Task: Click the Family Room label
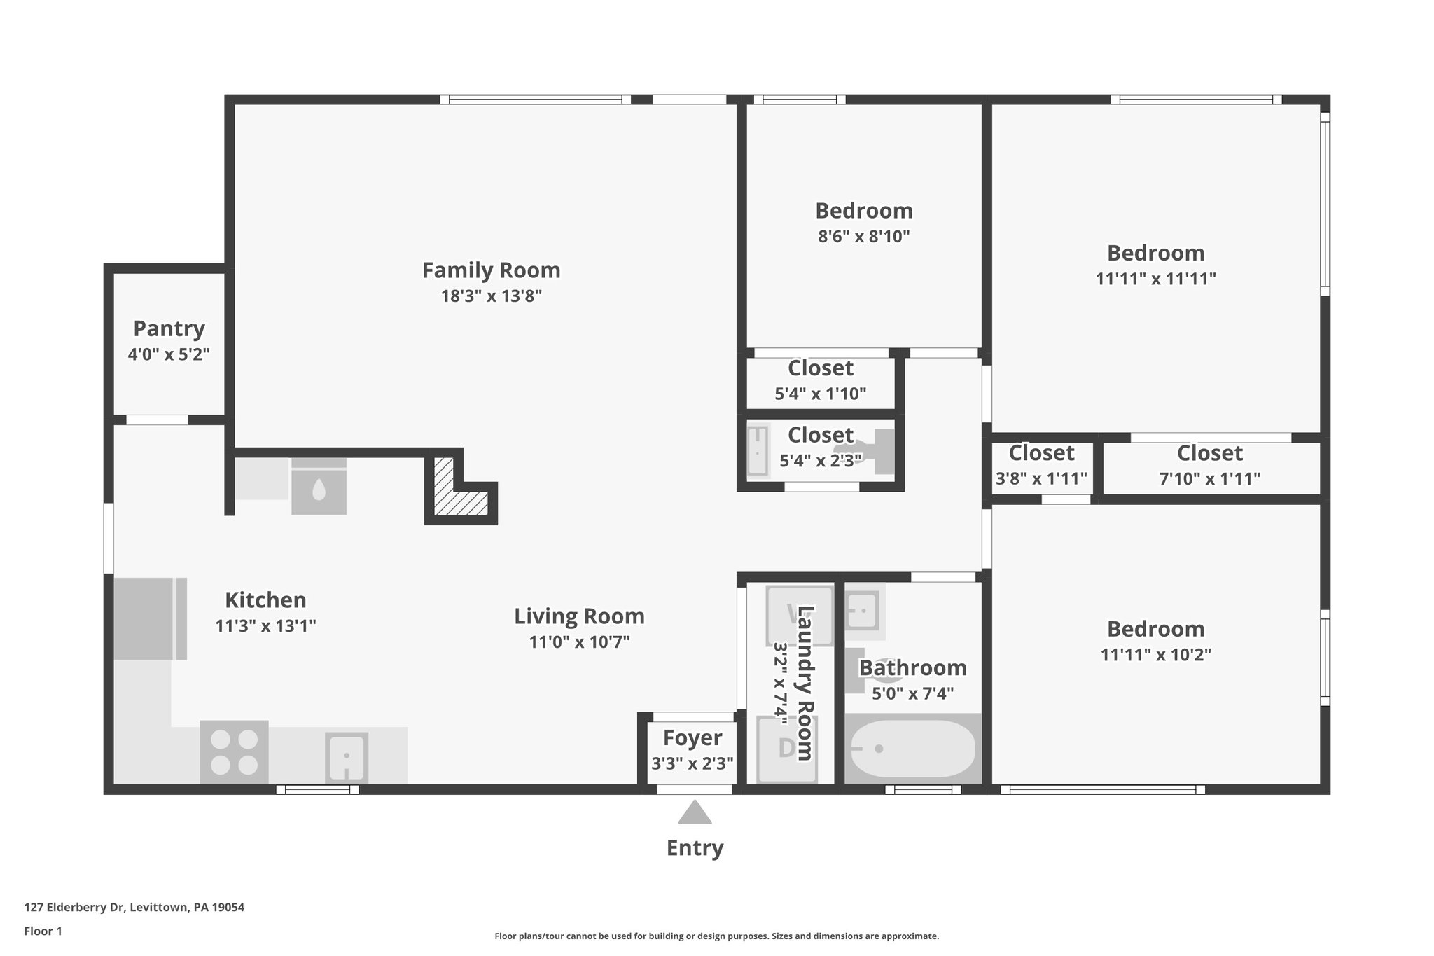pos(491,270)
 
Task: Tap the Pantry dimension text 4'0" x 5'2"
pos(169,354)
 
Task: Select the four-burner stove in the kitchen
pos(234,752)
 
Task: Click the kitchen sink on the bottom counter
pos(346,757)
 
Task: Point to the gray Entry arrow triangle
pos(695,813)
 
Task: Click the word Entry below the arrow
pos(695,848)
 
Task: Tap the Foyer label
pos(692,737)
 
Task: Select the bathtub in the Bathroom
pos(912,749)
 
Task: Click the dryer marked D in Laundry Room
pos(786,749)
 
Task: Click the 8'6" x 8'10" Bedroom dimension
pos(863,237)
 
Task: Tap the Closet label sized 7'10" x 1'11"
pos(1209,453)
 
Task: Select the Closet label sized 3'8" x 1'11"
pos(1041,453)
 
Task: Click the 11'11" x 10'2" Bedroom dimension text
pos(1155,655)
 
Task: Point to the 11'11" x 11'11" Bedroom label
pos(1155,253)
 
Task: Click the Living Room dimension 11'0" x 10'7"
pos(579,642)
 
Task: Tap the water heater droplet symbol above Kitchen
pos(319,489)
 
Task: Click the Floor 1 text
pos(43,931)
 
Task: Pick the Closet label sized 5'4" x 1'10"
pos(820,368)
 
